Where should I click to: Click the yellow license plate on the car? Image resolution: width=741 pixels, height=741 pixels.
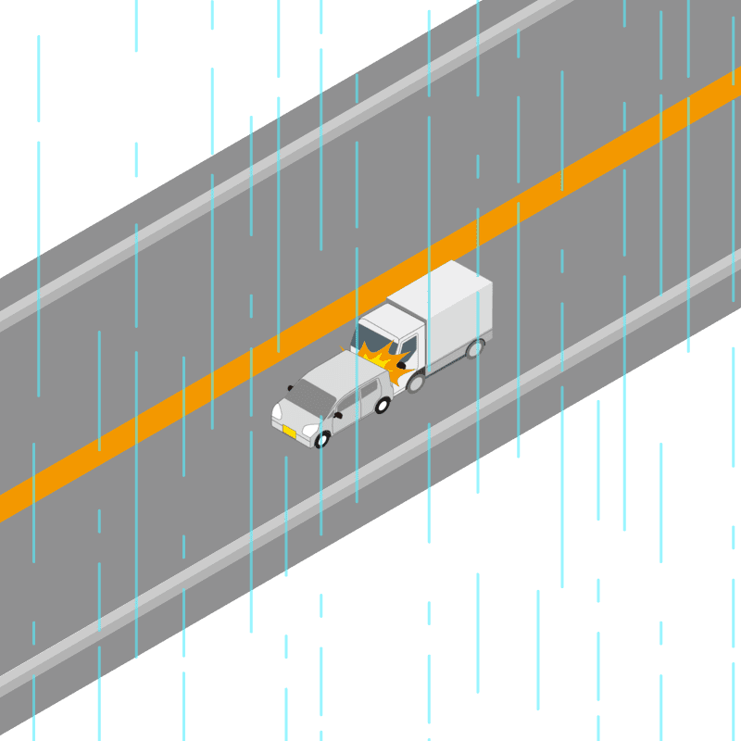point(289,432)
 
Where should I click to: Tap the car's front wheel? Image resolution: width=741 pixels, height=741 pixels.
point(322,439)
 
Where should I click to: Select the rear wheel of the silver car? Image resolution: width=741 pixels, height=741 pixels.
point(382,405)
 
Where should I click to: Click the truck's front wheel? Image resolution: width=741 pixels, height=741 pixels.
point(415,382)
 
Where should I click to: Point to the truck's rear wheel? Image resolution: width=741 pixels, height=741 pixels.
point(475,349)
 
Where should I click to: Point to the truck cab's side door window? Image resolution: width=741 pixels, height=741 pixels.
point(408,349)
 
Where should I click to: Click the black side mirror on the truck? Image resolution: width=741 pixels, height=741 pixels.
point(401,365)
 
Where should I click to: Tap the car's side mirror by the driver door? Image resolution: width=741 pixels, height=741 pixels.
point(338,414)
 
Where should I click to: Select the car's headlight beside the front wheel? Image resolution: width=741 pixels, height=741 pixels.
point(310,431)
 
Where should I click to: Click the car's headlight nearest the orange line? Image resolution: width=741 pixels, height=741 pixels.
point(276,411)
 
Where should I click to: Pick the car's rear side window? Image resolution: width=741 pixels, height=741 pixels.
point(370,388)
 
